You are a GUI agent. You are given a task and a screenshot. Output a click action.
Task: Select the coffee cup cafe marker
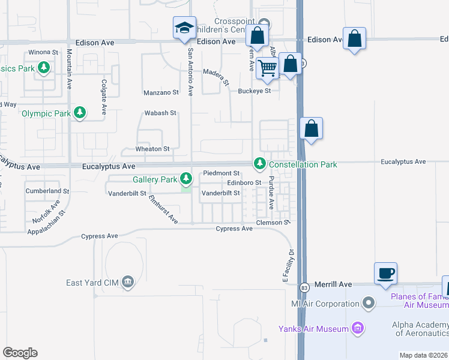385,273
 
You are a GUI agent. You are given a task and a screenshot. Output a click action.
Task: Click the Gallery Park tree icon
187,179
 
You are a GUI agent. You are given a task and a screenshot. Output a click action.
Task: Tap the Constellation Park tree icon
260,163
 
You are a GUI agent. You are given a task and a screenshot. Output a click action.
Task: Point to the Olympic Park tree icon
80,113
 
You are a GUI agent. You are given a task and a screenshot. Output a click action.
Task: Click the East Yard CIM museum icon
127,282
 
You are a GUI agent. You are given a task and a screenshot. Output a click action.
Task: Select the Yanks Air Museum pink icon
358,328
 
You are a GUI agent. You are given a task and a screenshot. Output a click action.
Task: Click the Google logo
20,353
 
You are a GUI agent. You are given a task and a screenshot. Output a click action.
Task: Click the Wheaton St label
152,149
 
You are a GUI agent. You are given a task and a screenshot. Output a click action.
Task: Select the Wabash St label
160,113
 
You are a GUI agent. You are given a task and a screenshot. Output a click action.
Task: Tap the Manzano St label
161,92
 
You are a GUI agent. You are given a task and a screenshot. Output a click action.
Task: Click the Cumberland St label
47,191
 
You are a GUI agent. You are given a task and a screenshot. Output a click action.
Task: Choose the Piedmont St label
221,173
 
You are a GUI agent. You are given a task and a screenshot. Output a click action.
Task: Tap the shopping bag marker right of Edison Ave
355,38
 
